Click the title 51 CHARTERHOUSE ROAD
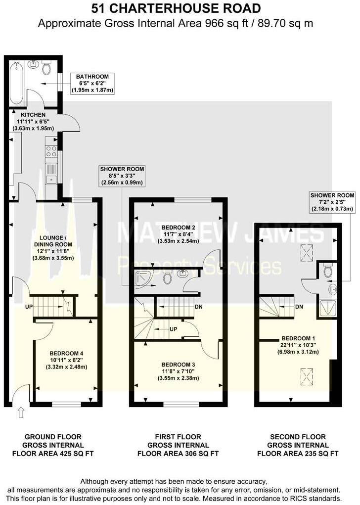180,9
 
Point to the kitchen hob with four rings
51,151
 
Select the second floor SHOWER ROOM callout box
332,202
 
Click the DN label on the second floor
299,307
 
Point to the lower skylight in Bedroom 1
307,377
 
